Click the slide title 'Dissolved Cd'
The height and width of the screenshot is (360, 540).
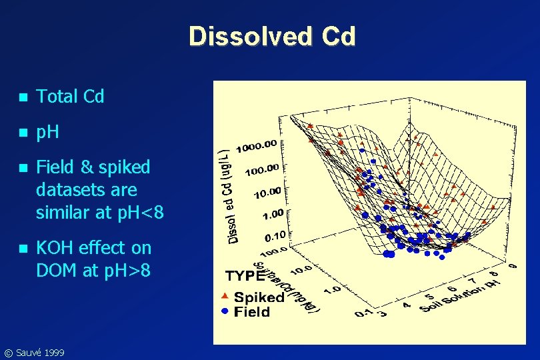click(x=272, y=36)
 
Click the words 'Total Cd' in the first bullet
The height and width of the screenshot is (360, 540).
click(x=70, y=97)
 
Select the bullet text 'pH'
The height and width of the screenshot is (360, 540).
click(x=47, y=132)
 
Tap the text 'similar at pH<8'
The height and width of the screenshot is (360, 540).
click(x=99, y=213)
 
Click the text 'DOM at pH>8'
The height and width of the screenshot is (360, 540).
click(x=93, y=271)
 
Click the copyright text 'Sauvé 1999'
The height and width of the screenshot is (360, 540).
click(x=38, y=352)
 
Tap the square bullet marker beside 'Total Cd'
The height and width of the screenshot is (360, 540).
click(x=23, y=97)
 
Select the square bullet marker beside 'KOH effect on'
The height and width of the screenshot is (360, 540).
click(x=23, y=249)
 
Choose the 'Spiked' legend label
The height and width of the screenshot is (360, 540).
click(x=259, y=297)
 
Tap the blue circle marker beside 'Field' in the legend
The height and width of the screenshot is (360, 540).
click(x=225, y=311)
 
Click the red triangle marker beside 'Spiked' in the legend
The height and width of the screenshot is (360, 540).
click(x=225, y=295)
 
